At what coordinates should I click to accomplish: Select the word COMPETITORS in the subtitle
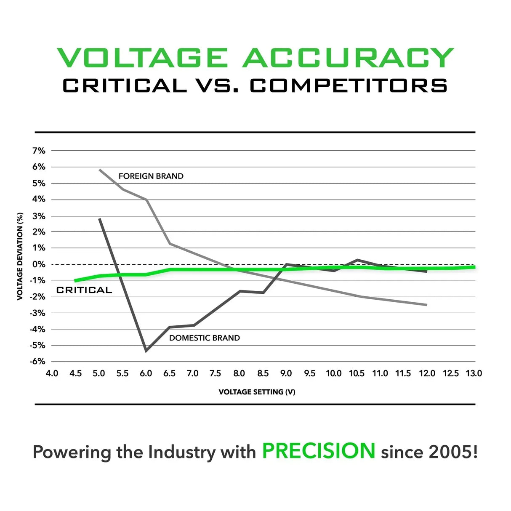click(x=349, y=86)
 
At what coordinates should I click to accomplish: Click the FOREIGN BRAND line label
click(x=151, y=176)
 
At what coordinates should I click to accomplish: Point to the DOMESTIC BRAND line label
click(x=204, y=338)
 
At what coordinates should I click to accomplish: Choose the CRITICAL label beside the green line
click(x=84, y=290)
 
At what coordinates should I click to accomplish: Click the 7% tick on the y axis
click(x=39, y=150)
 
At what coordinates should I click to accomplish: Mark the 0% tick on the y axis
click(x=39, y=264)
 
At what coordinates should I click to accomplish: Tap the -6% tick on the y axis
click(x=37, y=361)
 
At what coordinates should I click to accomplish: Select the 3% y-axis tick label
click(x=39, y=216)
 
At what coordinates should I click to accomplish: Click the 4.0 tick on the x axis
click(x=52, y=373)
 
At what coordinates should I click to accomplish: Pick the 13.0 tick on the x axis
click(x=474, y=373)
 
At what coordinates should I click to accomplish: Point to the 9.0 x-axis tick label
click(x=286, y=373)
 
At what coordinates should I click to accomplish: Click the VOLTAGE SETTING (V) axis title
click(x=257, y=392)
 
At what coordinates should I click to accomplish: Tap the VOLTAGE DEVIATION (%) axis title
click(x=20, y=256)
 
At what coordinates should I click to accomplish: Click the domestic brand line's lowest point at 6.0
click(x=146, y=350)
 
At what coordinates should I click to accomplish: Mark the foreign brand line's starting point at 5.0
click(x=100, y=170)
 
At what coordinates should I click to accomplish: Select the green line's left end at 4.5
click(x=75, y=281)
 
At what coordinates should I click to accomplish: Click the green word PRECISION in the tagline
click(x=318, y=451)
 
